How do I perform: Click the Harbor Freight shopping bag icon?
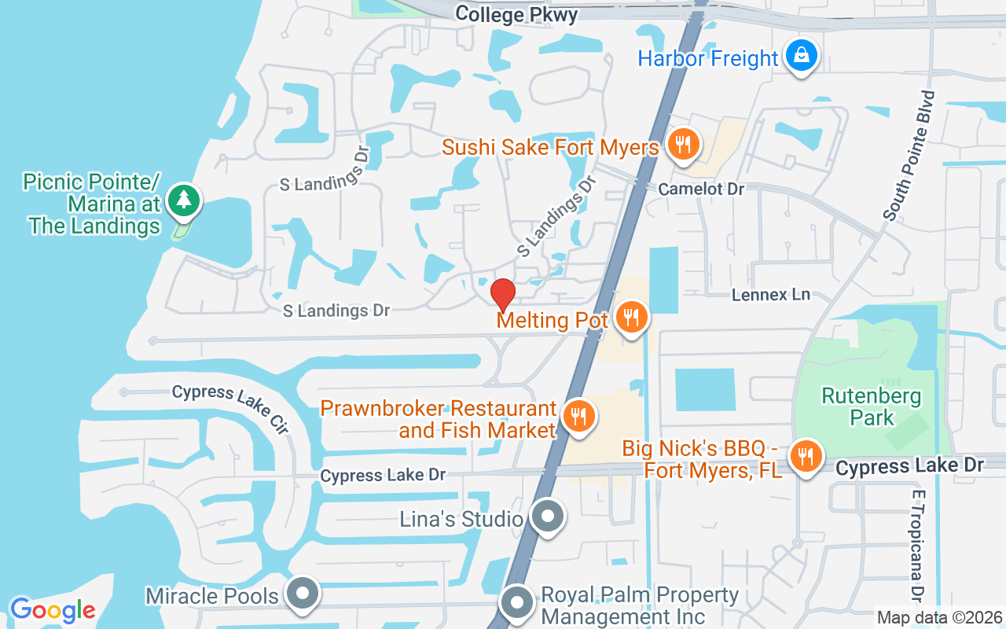click(x=800, y=56)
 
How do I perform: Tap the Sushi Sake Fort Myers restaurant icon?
click(x=683, y=145)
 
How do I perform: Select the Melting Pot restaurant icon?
click(x=630, y=318)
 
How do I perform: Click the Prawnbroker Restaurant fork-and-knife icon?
click(x=579, y=415)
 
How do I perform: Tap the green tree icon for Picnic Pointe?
click(x=184, y=200)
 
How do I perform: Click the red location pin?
click(x=502, y=296)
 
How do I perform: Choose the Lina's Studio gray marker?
click(x=547, y=517)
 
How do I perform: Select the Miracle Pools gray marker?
click(x=302, y=594)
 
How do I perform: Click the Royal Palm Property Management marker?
click(x=517, y=603)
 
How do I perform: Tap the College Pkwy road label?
click(x=516, y=14)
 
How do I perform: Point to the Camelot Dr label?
click(x=701, y=189)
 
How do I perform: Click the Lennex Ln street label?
click(x=770, y=295)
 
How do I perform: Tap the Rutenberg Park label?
click(x=871, y=406)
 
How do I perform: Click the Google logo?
click(x=53, y=610)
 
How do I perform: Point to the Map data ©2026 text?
click(x=939, y=618)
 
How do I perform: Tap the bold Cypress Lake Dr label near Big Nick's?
click(x=909, y=466)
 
